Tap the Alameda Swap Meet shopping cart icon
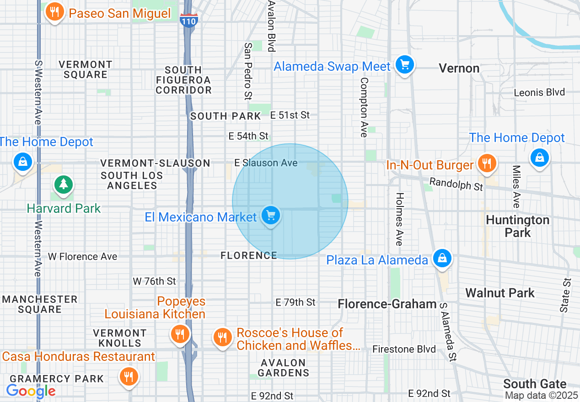click(x=404, y=64)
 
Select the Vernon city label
click(x=459, y=69)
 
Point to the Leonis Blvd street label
click(x=539, y=92)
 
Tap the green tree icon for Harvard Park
click(x=63, y=185)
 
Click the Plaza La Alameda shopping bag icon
click(x=442, y=258)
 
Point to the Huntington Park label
click(x=517, y=226)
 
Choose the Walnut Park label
click(x=499, y=293)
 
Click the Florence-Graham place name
click(x=387, y=304)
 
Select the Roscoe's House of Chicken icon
click(x=222, y=338)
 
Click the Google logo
click(x=31, y=391)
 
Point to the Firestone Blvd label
click(x=404, y=349)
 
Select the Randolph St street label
click(x=456, y=184)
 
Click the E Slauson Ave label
click(x=266, y=163)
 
